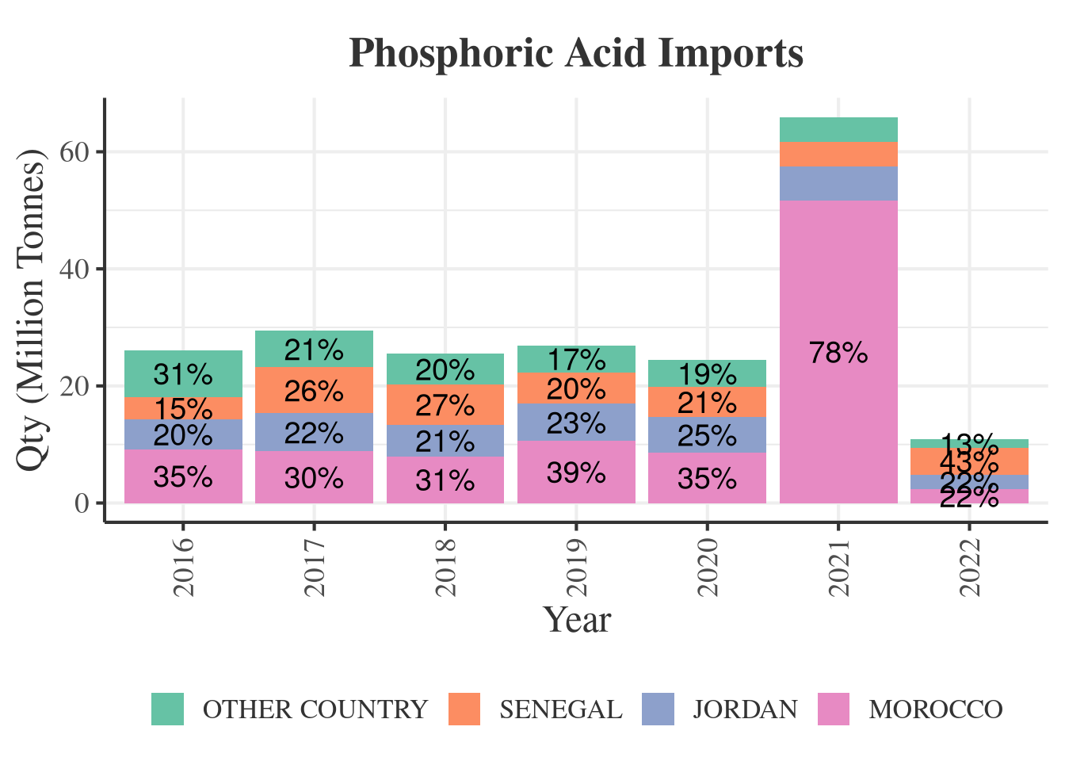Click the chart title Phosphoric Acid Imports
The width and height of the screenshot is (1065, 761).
576,54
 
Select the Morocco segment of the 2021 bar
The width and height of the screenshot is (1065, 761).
838,412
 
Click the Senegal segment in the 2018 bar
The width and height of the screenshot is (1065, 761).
445,405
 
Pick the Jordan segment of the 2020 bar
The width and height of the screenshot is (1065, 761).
708,435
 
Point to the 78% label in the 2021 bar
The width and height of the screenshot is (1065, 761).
838,353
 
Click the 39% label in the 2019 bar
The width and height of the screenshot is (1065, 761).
576,473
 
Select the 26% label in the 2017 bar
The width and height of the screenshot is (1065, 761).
315,392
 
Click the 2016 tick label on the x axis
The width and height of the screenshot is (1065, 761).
183,568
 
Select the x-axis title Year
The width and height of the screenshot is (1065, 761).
576,620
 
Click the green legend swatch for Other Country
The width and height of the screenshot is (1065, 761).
168,709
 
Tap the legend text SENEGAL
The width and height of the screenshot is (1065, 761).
560,709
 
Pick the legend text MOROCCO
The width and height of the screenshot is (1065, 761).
935,709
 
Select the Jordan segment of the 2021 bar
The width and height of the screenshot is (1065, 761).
838,183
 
